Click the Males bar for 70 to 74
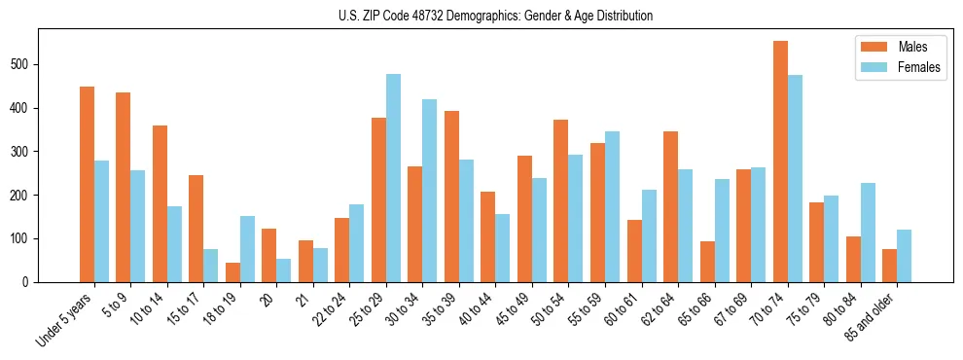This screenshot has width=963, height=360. (x=780, y=162)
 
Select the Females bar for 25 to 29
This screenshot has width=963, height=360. (x=393, y=178)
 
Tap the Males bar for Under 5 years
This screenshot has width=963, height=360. (x=87, y=184)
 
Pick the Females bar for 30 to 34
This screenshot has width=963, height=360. (x=430, y=191)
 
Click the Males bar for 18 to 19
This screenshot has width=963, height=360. (x=232, y=272)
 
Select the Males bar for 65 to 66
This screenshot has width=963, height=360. (x=707, y=262)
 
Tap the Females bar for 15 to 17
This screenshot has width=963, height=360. (x=211, y=266)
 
